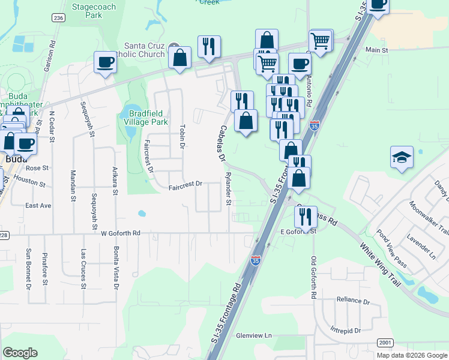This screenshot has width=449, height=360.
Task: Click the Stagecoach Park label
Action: [x=95, y=10]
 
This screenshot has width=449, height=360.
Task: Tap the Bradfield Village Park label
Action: [x=146, y=117]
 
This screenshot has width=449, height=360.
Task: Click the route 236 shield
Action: [x=58, y=19]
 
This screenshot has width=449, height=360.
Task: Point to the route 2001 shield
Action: [x=385, y=341]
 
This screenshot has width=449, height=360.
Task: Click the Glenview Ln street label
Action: [x=254, y=335]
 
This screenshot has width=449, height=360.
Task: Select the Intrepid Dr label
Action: [x=345, y=330]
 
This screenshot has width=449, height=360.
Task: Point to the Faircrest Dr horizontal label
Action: [x=185, y=185]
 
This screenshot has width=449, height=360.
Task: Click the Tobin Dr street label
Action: [x=182, y=136]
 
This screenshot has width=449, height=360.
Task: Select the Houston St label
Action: [x=29, y=179]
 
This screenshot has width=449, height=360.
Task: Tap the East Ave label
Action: [x=38, y=205]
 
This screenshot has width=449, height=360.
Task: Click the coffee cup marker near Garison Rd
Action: [x=105, y=62]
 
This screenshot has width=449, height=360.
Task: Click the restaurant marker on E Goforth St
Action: [x=306, y=217]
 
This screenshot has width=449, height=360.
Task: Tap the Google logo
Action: [x=20, y=353]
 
